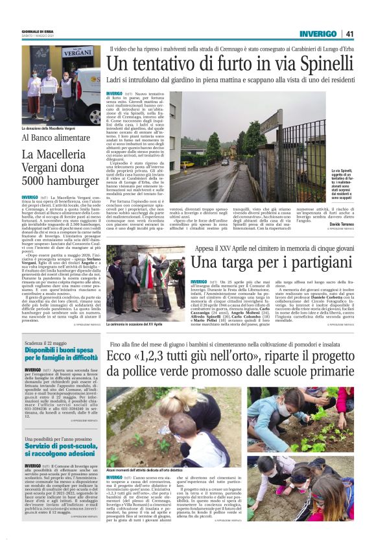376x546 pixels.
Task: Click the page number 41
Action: pos(349,34)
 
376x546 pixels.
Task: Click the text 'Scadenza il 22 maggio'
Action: pos(47,341)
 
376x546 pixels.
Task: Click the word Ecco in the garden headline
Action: pos(123,357)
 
